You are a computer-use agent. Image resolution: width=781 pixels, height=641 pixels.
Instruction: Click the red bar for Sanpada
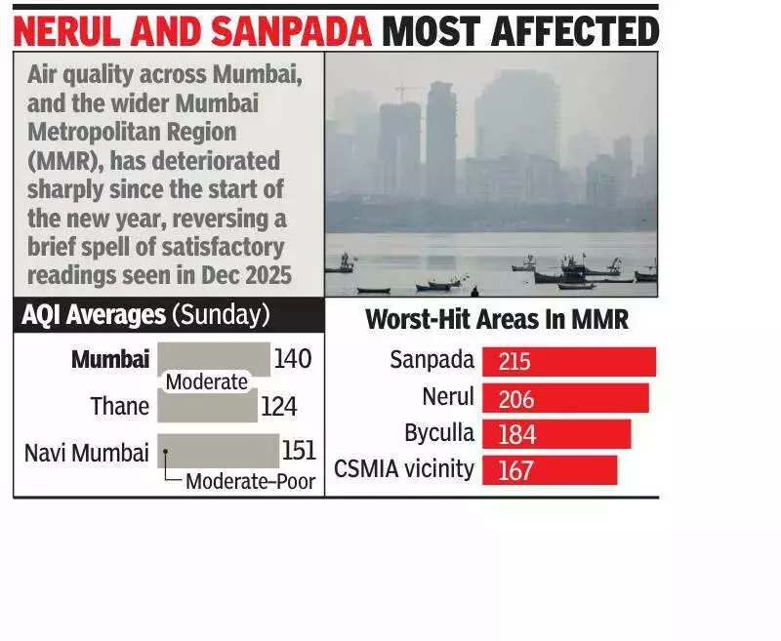568,361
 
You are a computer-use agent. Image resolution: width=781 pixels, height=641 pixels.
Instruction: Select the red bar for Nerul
565,397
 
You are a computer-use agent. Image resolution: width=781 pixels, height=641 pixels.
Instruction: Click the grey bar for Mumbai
213,358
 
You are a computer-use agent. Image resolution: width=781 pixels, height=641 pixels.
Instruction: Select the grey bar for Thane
207,406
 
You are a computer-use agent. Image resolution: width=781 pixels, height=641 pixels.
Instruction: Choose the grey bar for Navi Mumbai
218,451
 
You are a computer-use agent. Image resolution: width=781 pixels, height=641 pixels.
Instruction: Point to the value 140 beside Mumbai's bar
292,359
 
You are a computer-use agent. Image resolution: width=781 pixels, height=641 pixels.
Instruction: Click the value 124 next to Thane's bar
278,406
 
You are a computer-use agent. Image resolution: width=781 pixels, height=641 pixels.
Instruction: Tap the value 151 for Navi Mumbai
299,450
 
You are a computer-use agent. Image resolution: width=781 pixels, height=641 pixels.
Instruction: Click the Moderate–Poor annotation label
250,481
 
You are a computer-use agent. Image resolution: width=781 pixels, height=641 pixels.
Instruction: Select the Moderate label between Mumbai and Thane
206,382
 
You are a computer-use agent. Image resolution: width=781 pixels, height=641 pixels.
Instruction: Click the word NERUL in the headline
71,31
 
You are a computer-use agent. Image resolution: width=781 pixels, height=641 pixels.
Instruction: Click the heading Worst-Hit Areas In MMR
496,319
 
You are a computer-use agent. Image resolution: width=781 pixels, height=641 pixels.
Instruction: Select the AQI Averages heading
94,315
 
